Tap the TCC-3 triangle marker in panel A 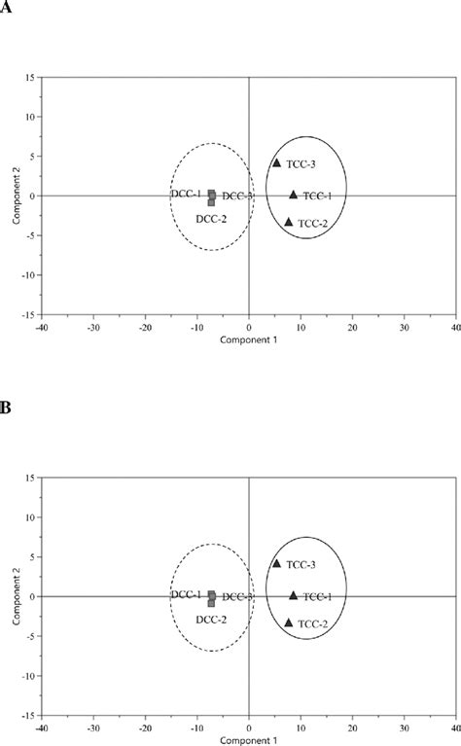[276, 163]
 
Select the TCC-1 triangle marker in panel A [293, 195]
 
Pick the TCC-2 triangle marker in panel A [289, 223]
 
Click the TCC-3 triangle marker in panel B [276, 563]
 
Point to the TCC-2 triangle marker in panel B [289, 622]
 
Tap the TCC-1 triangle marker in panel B [293, 595]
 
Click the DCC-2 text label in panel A [211, 219]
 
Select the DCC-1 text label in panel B [187, 594]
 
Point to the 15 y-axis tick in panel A [31, 77]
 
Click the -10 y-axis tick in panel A [29, 275]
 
